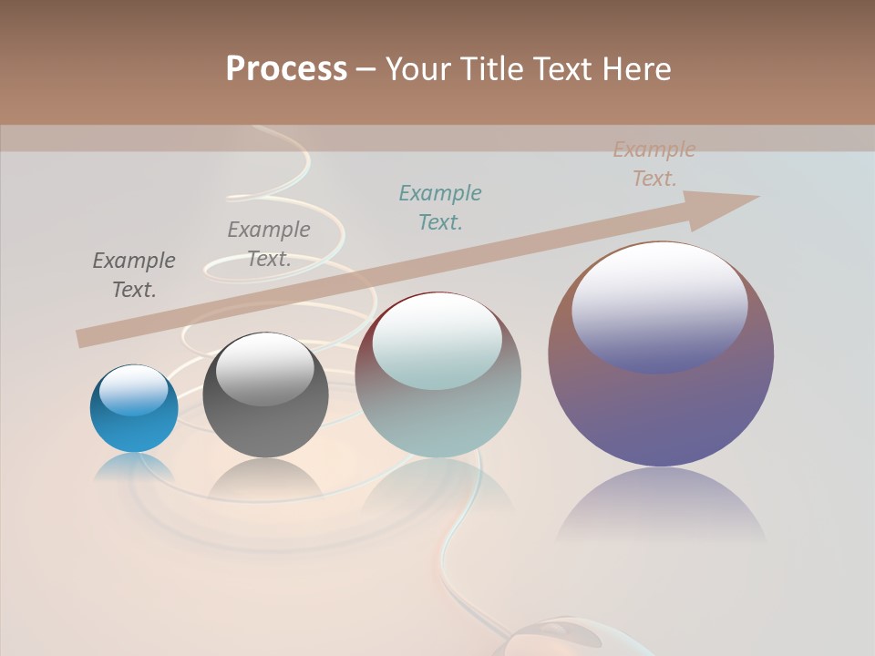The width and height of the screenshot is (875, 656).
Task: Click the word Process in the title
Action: pyautogui.click(x=286, y=69)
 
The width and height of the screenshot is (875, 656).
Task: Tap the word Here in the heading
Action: pyautogui.click(x=636, y=69)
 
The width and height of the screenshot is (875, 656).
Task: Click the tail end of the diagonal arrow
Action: pyautogui.click(x=84, y=339)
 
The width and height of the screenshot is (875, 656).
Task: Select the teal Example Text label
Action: pyautogui.click(x=440, y=207)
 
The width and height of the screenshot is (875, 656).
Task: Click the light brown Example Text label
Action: pyautogui.click(x=654, y=164)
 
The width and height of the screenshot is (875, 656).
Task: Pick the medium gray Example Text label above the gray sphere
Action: pyautogui.click(x=269, y=244)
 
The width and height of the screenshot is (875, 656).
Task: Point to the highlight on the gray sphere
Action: pyautogui.click(x=265, y=369)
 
